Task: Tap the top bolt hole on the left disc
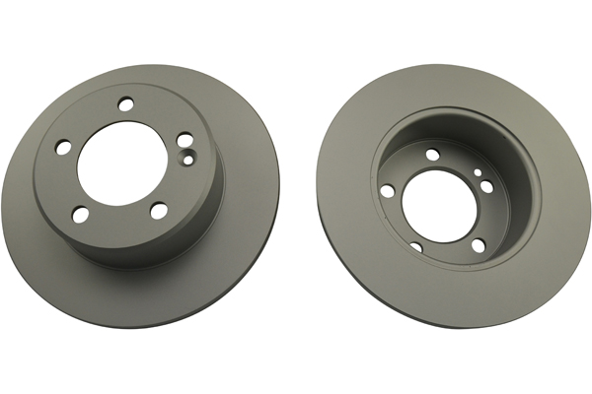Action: point(124,102)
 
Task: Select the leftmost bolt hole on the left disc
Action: point(64,147)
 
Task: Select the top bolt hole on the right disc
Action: point(432,154)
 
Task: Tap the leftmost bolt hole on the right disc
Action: point(388,189)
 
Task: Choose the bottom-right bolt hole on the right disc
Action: point(478,245)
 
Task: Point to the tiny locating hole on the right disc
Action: point(478,172)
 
